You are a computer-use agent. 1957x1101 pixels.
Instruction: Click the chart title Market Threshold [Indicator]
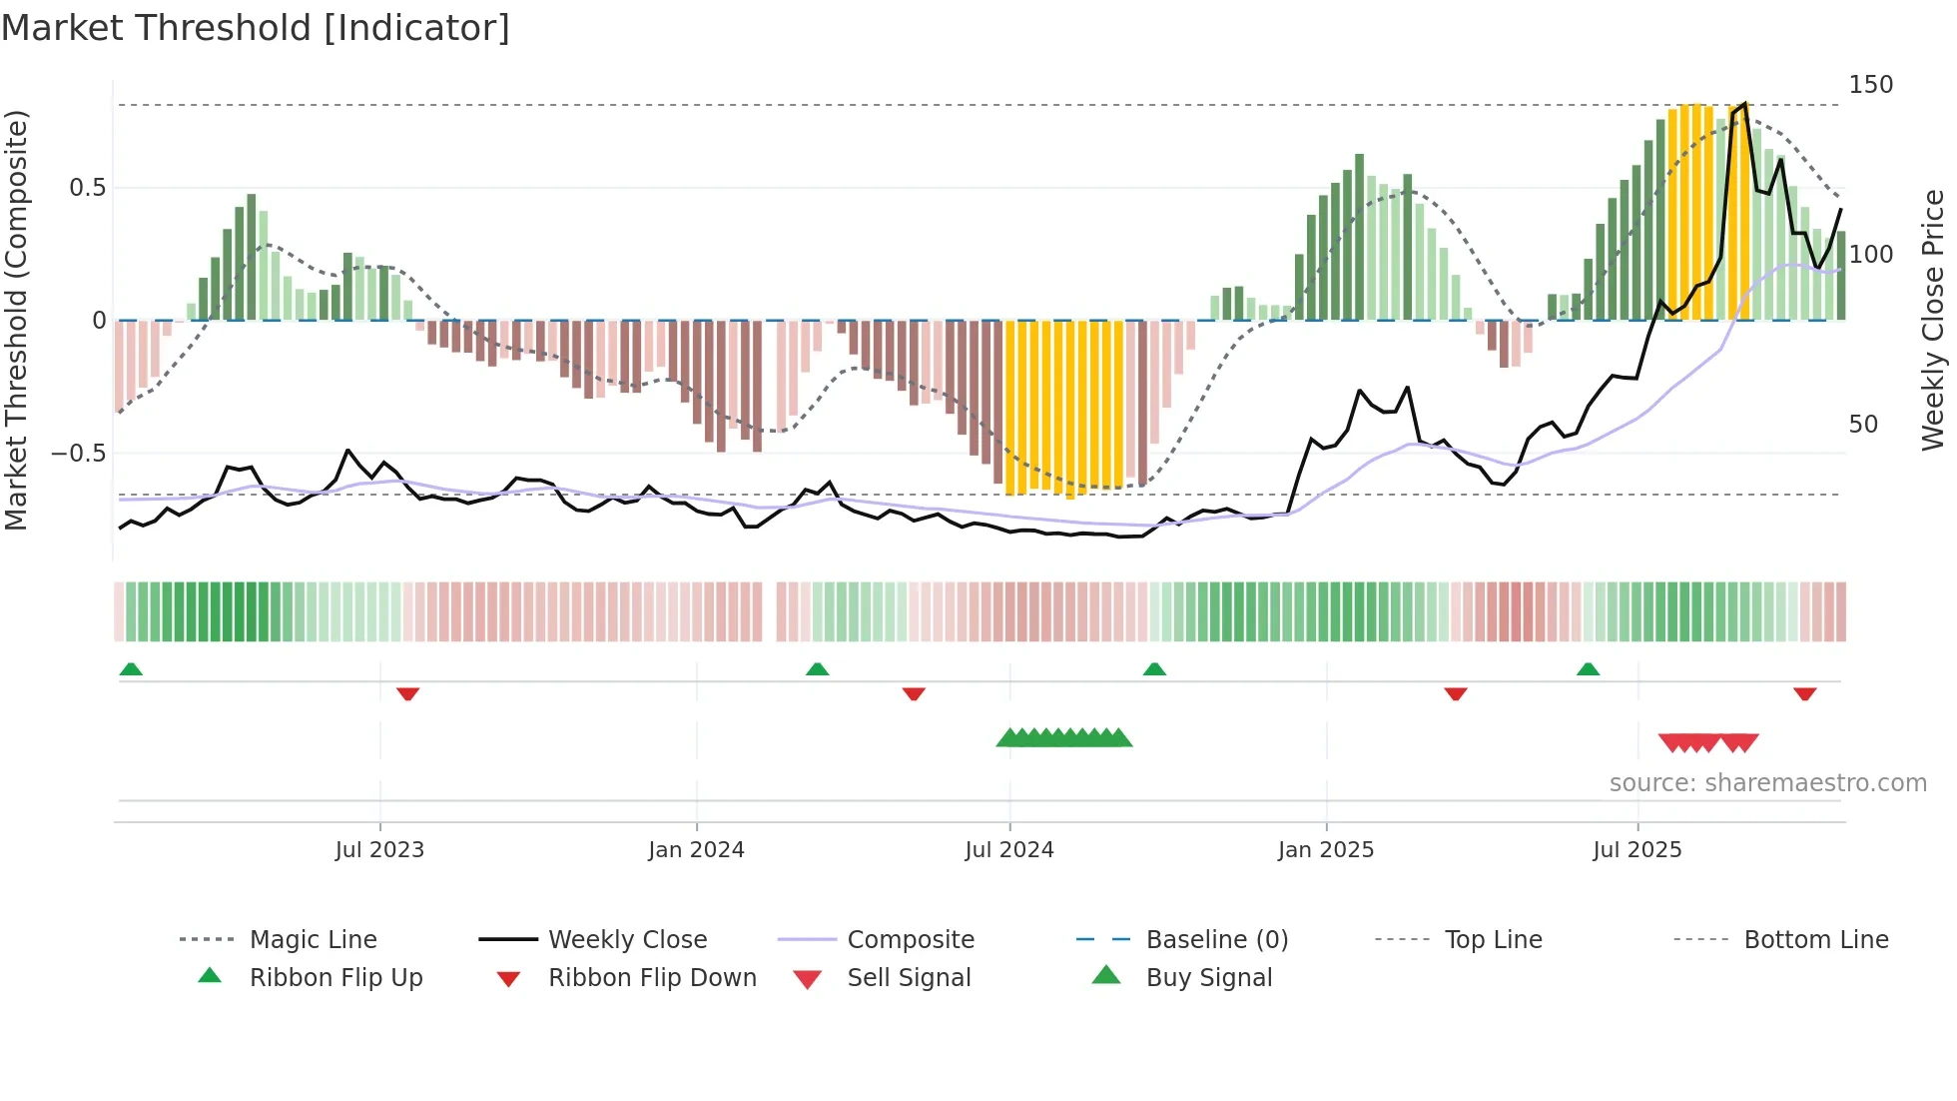[256, 28]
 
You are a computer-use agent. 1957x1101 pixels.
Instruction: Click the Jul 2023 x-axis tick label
[379, 849]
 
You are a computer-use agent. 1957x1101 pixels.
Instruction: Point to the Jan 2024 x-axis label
[696, 849]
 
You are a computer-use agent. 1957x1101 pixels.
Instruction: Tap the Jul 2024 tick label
[1008, 849]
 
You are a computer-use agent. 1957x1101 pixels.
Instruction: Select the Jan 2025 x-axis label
[1325, 849]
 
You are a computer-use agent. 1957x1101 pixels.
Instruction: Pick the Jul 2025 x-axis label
[1636, 849]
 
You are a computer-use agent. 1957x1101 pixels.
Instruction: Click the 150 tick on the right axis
[1870, 85]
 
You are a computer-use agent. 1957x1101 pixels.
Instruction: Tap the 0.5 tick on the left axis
[87, 188]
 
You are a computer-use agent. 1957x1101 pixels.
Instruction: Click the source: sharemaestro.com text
[1767, 783]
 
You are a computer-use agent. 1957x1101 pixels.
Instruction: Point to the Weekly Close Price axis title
[1933, 320]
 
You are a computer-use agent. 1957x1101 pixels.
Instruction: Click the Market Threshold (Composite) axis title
[16, 320]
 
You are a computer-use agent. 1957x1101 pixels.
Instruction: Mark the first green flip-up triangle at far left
[131, 668]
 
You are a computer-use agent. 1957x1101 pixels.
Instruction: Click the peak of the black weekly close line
[1744, 104]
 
